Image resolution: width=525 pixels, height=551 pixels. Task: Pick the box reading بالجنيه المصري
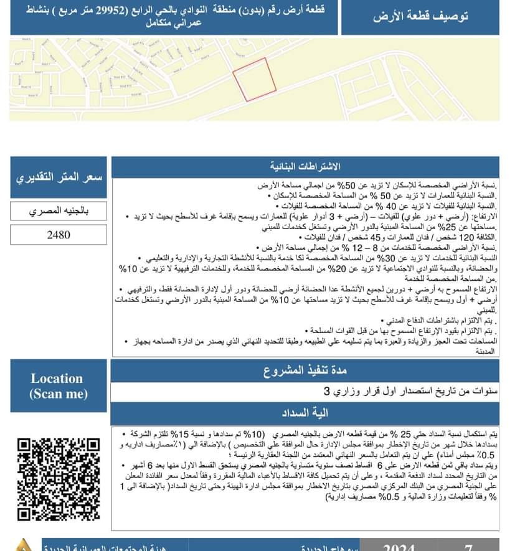click(x=59, y=210)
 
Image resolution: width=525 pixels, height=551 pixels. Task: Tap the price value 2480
click(x=59, y=235)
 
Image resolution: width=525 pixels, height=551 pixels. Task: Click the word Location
click(x=57, y=379)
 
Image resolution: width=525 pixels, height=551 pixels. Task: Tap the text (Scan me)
click(x=58, y=393)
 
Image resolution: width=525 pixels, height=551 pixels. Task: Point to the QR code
click(x=59, y=479)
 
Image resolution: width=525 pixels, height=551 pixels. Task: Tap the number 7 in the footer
click(x=469, y=547)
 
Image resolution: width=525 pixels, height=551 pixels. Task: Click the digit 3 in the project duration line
click(x=328, y=392)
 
